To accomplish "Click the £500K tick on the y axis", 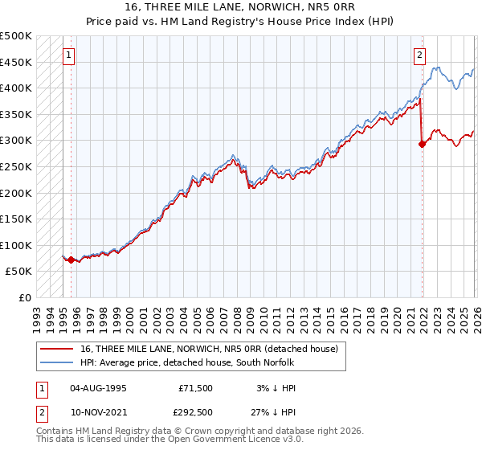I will [16, 36].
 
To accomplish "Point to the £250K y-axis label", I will [16, 166].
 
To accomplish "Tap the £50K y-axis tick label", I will [19, 272].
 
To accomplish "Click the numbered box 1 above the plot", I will [69, 55].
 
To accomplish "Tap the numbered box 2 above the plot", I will [419, 55].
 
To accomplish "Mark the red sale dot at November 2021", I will [422, 145].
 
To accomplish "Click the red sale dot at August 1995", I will [71, 260].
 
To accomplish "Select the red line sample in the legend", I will [57, 349].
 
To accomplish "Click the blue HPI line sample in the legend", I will [57, 362].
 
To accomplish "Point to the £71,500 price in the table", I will [196, 387].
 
